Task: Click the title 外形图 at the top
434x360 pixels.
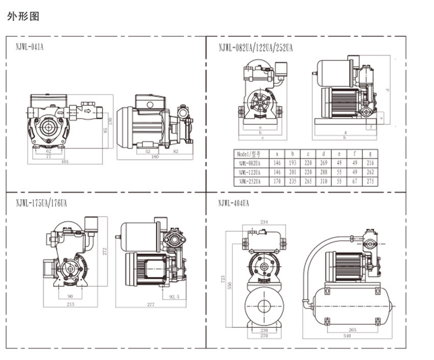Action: point(23,16)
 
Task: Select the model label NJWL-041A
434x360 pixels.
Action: point(30,46)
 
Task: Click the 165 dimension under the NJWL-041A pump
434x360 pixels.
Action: point(65,162)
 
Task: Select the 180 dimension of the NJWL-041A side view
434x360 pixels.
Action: point(155,157)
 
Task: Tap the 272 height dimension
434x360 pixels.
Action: point(104,251)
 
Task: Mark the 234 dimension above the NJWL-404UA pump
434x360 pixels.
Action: point(264,222)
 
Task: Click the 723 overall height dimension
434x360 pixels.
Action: point(222,279)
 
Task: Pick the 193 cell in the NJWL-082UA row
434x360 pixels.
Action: point(293,163)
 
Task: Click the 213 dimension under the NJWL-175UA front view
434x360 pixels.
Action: point(70,304)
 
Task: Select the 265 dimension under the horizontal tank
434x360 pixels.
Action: point(352,329)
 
